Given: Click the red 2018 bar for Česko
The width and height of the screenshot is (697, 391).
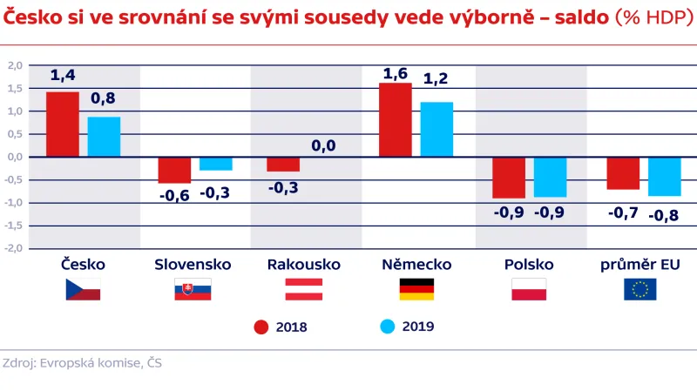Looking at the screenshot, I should coord(63,125).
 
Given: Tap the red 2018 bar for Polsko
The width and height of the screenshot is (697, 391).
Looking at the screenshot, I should coord(509,178).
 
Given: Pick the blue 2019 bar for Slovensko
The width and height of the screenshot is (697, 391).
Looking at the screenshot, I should coord(216,164).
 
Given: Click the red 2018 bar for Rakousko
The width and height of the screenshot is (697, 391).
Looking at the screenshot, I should coord(283,165).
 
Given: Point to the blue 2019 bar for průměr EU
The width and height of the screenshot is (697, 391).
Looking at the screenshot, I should coord(665,177).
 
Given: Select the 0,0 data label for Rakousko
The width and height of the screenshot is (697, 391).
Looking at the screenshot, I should coord(323,145).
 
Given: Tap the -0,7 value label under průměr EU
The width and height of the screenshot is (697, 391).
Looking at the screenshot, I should coord(622,212).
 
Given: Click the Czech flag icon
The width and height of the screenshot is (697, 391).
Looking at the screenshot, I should coord(83,290).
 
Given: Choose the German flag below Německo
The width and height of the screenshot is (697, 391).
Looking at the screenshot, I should coord(416,290).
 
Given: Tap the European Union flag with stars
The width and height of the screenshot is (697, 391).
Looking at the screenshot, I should coord(640,290).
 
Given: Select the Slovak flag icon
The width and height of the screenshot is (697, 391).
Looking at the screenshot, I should coord(193,290).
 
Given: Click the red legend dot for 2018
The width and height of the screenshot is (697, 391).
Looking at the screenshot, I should coord(261,327).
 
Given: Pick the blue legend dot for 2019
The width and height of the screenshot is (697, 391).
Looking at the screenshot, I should coord(389,327).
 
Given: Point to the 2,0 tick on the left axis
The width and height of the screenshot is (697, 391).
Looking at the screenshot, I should coord(14,65).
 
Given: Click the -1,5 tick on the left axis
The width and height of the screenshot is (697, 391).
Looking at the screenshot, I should coord(14,226).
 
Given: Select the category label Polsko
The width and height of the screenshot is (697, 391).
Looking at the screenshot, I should coord(528,264).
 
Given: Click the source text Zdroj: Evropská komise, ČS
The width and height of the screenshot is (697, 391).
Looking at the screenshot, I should coord(82,363).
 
